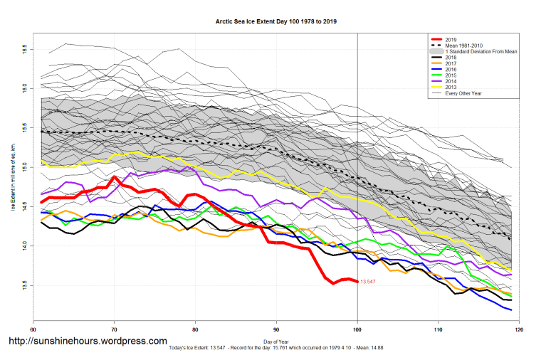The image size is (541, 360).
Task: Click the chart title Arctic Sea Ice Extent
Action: (276, 22)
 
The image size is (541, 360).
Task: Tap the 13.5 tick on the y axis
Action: (24, 285)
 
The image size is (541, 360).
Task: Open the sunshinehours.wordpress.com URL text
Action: (88, 342)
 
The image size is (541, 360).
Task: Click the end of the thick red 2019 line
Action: (357, 282)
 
